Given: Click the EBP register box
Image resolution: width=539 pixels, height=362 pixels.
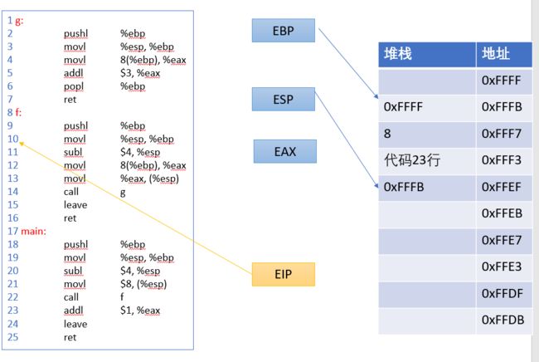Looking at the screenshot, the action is pos(284,30).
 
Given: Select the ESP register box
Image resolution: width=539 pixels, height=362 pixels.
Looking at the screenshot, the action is pos(284,99).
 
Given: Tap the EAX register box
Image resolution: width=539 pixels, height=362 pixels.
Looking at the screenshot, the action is pos(285,151).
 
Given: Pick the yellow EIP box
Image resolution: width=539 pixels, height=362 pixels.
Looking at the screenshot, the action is pos(284,274).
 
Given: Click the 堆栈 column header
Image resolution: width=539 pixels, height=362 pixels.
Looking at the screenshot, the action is pos(427,54).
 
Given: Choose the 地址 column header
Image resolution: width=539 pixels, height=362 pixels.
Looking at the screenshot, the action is pos(504,54).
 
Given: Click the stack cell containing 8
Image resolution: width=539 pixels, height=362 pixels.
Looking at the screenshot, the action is pos(427,134).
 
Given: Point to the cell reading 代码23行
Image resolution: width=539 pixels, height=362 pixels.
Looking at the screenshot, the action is pos(427,160).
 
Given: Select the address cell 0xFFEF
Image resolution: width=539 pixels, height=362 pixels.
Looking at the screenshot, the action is pos(504,187).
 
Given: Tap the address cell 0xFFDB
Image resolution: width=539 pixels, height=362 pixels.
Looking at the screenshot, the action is pos(504,320).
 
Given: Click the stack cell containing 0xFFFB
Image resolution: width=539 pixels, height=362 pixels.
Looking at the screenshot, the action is pos(427,187).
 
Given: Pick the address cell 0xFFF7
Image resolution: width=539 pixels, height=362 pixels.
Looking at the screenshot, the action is pos(504,134).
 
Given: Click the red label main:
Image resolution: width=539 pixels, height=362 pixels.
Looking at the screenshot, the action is pos(33,232).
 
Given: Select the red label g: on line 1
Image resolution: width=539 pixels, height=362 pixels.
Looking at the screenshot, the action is pos(19,21).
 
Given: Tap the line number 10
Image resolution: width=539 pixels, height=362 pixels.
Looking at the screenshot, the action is pos(13,139).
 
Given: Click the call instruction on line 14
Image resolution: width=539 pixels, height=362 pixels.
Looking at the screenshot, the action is pos(71,192).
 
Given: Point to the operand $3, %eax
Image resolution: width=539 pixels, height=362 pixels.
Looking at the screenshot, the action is pos(140,73).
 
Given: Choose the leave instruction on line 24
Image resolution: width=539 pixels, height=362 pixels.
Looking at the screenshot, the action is pos(75,324).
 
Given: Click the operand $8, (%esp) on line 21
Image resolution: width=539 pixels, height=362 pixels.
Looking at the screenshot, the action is pos(143,284).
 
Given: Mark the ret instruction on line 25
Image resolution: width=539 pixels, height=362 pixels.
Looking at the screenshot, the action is pos(70,337).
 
